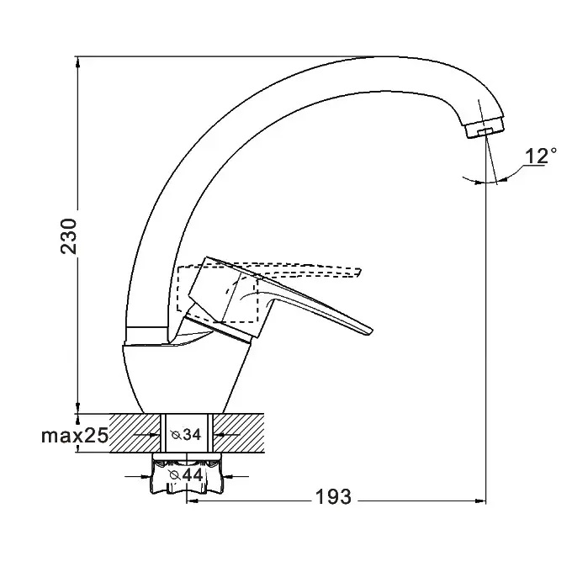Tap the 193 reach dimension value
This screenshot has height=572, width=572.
334,496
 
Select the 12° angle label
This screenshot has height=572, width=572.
540,156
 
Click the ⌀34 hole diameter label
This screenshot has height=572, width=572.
186,435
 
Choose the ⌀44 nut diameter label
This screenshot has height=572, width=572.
187,475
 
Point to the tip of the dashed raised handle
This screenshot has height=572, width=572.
359,271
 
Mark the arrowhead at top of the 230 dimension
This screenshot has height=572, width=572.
78,61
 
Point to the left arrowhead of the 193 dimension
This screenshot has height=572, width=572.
190,501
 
